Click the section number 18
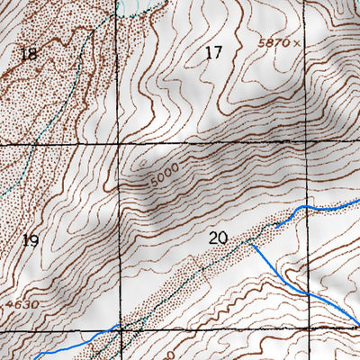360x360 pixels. [x=29, y=55]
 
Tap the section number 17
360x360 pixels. [x=213, y=53]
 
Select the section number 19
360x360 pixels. [x=31, y=239]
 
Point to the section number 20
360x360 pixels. [x=216, y=238]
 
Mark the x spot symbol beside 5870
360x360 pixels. [x=294, y=42]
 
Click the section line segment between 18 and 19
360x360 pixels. [x=58, y=144]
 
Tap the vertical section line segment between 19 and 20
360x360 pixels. [x=120, y=238]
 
